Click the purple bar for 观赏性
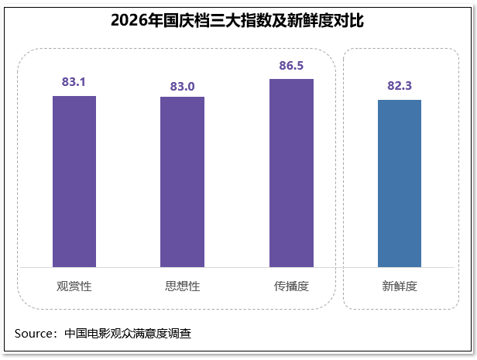[74, 181]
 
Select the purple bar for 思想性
[182, 182]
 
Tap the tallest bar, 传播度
[291, 173]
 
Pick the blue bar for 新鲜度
[400, 183]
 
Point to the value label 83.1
[74, 82]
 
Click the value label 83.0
[182, 87]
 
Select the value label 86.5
[291, 65]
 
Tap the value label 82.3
[400, 85]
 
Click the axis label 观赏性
[74, 286]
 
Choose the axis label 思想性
[183, 286]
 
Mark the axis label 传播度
[291, 286]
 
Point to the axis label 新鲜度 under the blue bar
[400, 286]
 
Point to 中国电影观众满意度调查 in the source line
[128, 334]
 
